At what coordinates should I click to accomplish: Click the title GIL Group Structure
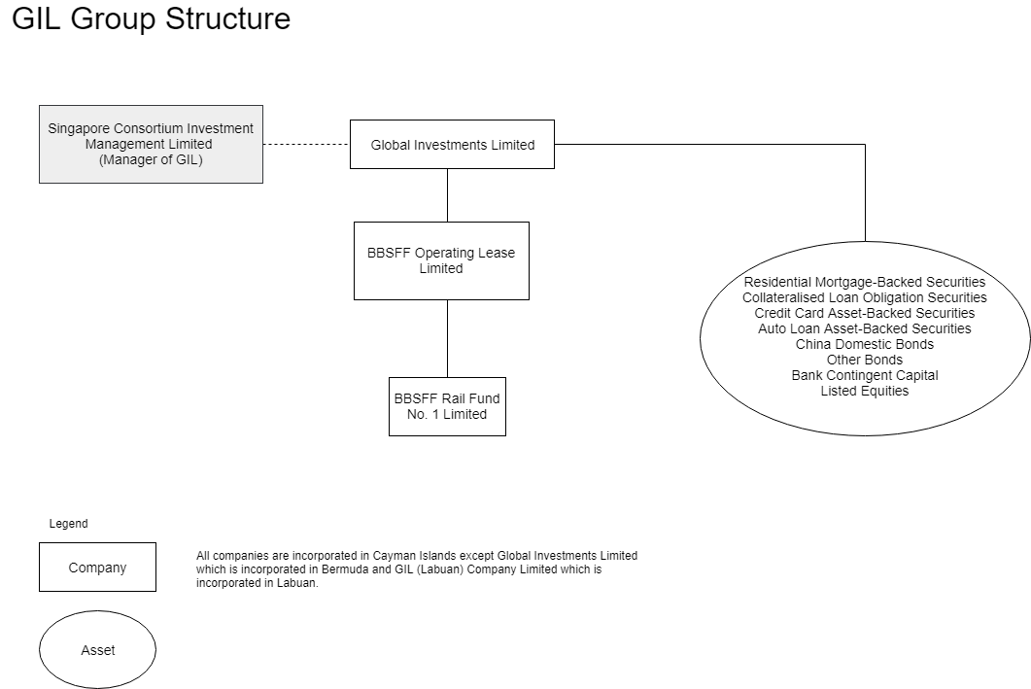(151, 18)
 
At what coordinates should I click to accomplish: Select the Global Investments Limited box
(452, 145)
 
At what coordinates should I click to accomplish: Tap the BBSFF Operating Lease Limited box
(441, 260)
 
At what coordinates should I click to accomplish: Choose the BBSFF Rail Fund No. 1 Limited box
(447, 406)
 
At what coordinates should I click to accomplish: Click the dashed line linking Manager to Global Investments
(306, 144)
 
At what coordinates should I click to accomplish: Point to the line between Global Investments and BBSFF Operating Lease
(447, 194)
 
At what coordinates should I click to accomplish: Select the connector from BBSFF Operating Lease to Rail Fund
(447, 338)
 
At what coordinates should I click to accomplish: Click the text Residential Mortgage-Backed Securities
(864, 282)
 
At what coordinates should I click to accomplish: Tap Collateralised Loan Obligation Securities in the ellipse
(864, 297)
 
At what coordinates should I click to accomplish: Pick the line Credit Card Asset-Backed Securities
(864, 313)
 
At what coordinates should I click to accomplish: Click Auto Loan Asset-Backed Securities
(864, 328)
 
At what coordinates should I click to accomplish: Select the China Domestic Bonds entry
(864, 344)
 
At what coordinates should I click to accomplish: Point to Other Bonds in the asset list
(864, 360)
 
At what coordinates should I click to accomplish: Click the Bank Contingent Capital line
(864, 375)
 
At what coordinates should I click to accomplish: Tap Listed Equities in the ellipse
(864, 391)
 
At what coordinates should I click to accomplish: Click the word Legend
(68, 524)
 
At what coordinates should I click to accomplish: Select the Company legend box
(97, 568)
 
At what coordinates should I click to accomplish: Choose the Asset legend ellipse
(97, 650)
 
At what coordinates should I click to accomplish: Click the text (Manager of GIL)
(151, 160)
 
